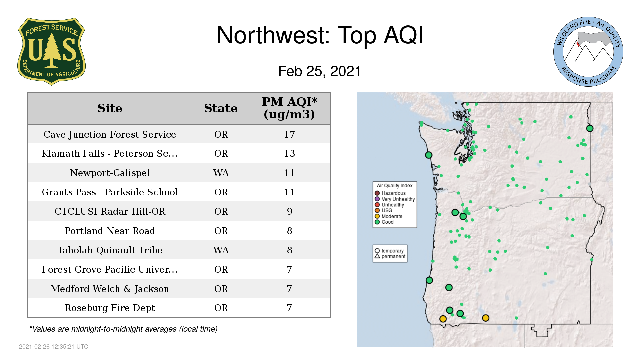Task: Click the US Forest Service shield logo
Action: coord(51,51)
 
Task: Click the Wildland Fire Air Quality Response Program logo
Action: coord(588,52)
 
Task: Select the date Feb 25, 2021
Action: coord(320,71)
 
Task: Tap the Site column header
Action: coord(110,108)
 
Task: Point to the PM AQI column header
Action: coord(289,108)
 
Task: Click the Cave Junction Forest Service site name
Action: coord(110,134)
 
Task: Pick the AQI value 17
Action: coord(289,134)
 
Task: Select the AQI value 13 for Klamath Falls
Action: coord(289,153)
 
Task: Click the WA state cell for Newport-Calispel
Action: coord(221,173)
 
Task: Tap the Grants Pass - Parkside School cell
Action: coord(110,192)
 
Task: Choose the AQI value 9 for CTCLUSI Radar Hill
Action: coord(289,211)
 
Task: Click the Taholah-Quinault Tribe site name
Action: coord(110,250)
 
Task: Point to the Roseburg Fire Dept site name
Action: coord(110,308)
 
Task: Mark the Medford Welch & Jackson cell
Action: coord(110,289)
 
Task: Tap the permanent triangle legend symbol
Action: coord(377,256)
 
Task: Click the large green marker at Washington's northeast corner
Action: coord(590,128)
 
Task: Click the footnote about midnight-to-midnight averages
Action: coord(123,329)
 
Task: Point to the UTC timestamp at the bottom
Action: coord(54,347)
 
